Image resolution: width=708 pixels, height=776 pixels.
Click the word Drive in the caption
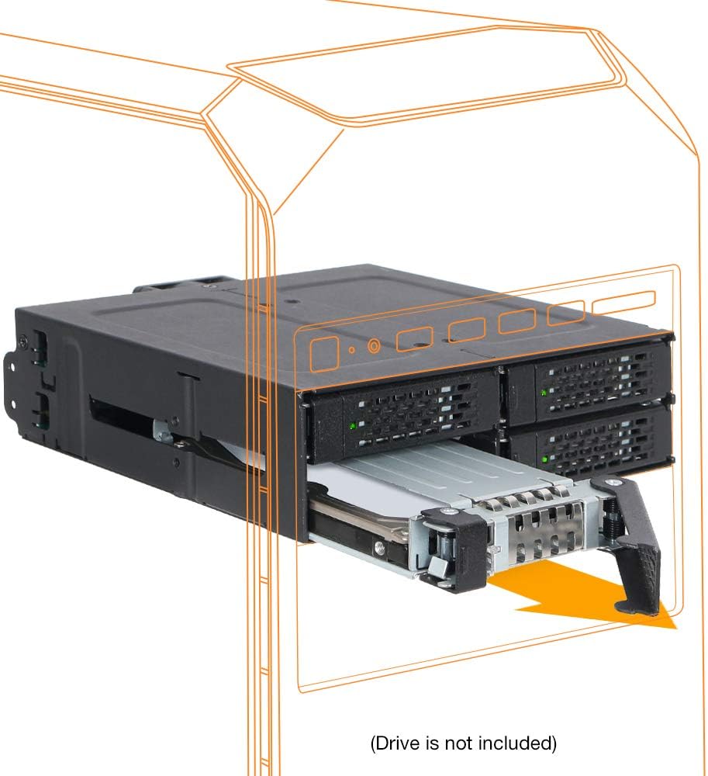pos(399,743)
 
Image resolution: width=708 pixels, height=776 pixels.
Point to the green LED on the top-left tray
pos(353,426)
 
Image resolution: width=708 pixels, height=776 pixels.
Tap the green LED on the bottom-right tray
pos(544,459)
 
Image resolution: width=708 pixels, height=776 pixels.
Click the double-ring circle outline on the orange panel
pos(374,346)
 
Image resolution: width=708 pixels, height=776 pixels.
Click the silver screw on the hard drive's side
pos(378,547)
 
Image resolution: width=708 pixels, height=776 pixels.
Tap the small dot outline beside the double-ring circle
pos(352,350)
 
